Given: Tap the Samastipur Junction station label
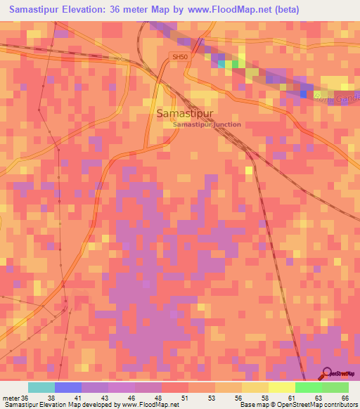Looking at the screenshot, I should (x=207, y=124).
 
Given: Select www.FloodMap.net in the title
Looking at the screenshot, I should (x=227, y=10).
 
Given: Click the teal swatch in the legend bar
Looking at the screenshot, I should (x=41, y=387).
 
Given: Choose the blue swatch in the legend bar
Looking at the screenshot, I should (x=68, y=387).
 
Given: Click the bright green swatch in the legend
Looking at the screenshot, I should (x=308, y=387).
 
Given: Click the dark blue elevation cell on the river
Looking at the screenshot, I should (x=304, y=93).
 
